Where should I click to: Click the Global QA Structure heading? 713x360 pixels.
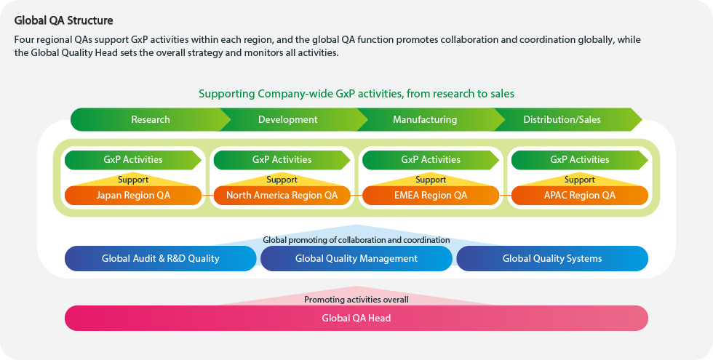[x=64, y=20]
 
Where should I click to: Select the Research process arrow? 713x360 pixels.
[x=151, y=119]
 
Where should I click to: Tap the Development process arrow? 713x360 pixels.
[x=288, y=119]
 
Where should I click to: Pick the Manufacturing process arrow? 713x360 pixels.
[x=425, y=119]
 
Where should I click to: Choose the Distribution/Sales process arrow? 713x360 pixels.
[x=562, y=119]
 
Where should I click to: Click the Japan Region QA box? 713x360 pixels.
[x=132, y=196]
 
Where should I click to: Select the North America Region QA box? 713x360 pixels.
[x=282, y=196]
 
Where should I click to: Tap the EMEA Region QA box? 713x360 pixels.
[x=431, y=196]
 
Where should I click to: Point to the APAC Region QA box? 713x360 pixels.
[x=580, y=196]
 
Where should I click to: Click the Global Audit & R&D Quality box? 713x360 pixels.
[x=161, y=259]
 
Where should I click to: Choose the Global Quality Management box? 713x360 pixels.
[x=356, y=259]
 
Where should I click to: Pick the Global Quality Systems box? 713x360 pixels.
[x=552, y=259]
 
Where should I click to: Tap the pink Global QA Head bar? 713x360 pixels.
[x=356, y=319]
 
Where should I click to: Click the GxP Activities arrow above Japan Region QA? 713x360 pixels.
[x=132, y=159]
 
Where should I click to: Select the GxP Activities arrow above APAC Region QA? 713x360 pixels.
[x=580, y=159]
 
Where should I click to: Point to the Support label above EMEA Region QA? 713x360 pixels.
[x=431, y=180]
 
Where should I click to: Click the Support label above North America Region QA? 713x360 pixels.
[x=282, y=180]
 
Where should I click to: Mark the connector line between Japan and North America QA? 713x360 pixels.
[x=207, y=196]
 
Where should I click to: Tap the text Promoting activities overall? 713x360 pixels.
[x=356, y=300]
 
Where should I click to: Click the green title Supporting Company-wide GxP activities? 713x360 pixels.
[x=356, y=94]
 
